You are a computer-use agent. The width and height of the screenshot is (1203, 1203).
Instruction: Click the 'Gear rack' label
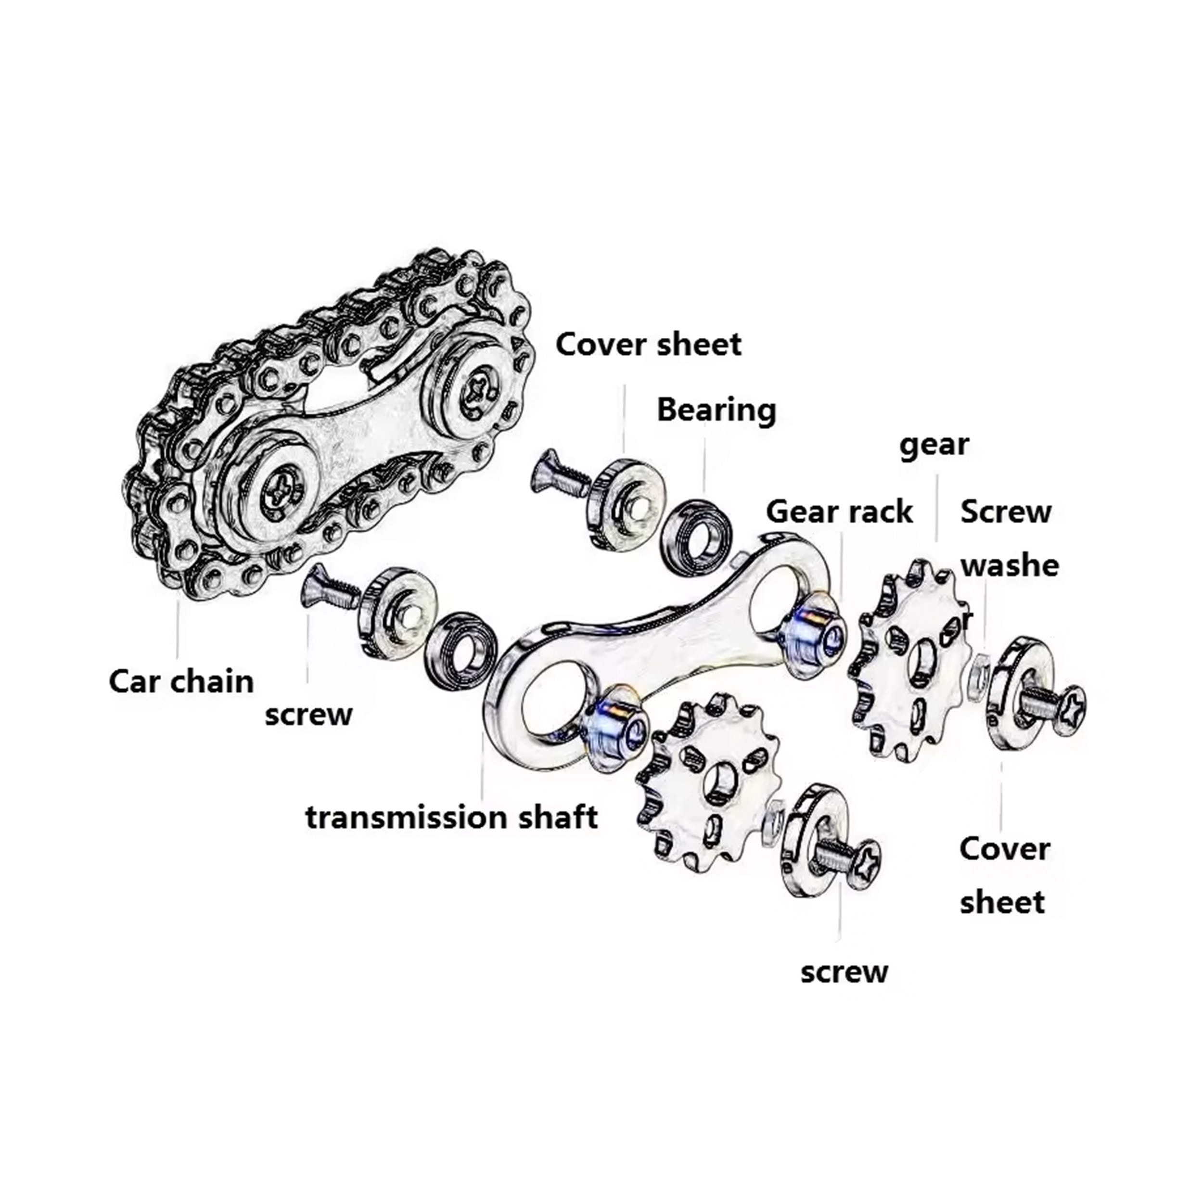point(839,512)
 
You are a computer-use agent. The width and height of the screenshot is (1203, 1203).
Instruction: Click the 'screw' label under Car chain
point(308,714)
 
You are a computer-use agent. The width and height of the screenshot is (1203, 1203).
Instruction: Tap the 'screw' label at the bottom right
point(844,972)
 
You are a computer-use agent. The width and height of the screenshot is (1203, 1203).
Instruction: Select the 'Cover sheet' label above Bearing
point(648,345)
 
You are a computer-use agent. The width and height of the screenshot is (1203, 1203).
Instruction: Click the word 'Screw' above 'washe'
point(1006,512)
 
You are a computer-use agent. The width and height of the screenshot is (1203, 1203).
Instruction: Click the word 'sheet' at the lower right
point(1002,902)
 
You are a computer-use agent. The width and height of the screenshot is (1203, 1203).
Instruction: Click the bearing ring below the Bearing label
point(695,534)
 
